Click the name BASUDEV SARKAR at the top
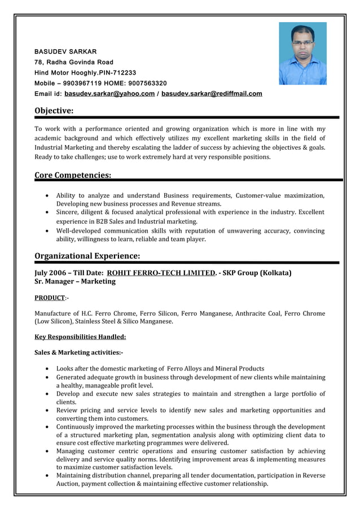pos(65,51)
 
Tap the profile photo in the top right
pos(302,54)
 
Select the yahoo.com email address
pos(109,94)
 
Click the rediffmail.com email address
pos(212,94)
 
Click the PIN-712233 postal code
pos(117,73)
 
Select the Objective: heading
pos(54,110)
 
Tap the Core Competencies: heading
pos(73,175)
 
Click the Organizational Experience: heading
pos(87,256)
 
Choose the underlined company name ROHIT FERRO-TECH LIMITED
pos(161,273)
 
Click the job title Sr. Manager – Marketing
pos(75,281)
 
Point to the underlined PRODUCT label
pos(50,298)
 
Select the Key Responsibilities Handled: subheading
pos(80,337)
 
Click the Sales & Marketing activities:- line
pos(78,352)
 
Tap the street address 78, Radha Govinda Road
pos(74,62)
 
